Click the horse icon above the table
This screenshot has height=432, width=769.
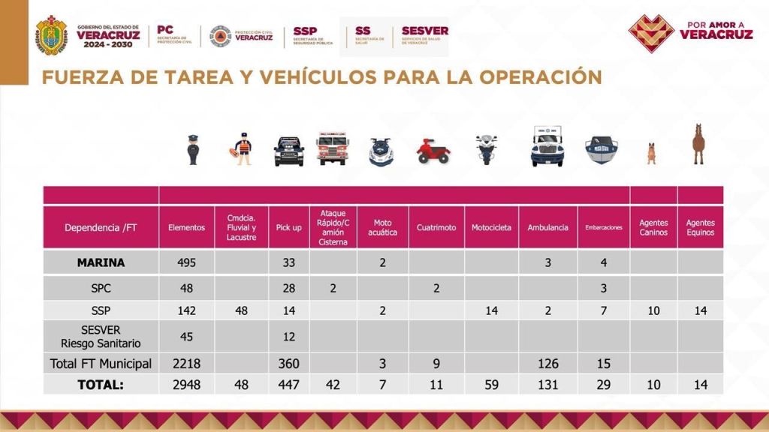tap(698, 144)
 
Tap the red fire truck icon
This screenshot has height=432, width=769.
tap(332, 148)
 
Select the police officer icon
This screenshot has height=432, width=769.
tap(193, 149)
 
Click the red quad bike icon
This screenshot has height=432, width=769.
tap(433, 151)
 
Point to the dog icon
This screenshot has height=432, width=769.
tap(651, 152)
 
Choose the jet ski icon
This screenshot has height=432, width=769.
tap(381, 152)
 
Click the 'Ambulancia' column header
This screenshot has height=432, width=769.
tap(547, 227)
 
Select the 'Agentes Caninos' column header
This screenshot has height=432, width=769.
tap(653, 227)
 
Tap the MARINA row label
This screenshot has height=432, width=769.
tap(101, 262)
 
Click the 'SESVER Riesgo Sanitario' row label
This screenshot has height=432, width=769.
tap(101, 337)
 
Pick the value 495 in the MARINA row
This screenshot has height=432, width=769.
tap(186, 262)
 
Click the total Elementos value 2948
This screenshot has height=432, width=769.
tap(186, 385)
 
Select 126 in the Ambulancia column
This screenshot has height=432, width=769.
tap(547, 364)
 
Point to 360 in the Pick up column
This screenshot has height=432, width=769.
tap(288, 364)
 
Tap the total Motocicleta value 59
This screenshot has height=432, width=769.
tap(491, 385)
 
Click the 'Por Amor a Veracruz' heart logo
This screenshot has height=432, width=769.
tap(650, 33)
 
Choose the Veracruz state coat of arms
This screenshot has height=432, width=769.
tap(52, 35)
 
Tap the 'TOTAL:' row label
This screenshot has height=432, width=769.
tap(101, 385)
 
